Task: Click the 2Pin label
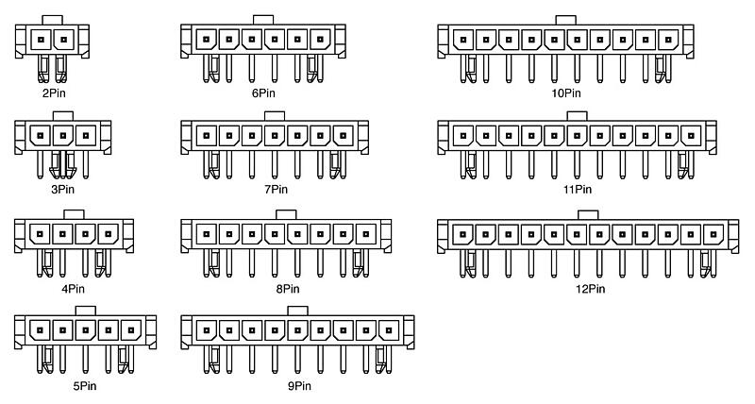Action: click(x=54, y=93)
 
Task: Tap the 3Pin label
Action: click(x=63, y=189)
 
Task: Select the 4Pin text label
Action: click(x=74, y=289)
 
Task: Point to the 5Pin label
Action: click(x=85, y=386)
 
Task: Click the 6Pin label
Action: click(x=263, y=93)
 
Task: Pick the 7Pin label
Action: click(x=276, y=189)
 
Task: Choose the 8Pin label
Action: click(x=288, y=289)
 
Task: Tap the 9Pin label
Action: click(x=299, y=386)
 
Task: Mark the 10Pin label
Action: click(x=566, y=93)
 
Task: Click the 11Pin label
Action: click(x=578, y=189)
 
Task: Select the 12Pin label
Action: click(x=590, y=289)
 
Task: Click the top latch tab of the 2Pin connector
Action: click(x=52, y=20)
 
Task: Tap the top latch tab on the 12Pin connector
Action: click(x=588, y=215)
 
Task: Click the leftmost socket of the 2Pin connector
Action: click(x=41, y=40)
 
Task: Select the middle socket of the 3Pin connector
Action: click(x=63, y=136)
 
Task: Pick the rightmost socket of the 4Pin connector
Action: click(x=109, y=234)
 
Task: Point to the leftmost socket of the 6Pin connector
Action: click(x=206, y=40)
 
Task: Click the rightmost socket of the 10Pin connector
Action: click(x=668, y=40)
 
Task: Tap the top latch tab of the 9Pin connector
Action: click(x=297, y=311)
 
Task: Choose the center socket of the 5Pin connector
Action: click(x=85, y=330)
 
